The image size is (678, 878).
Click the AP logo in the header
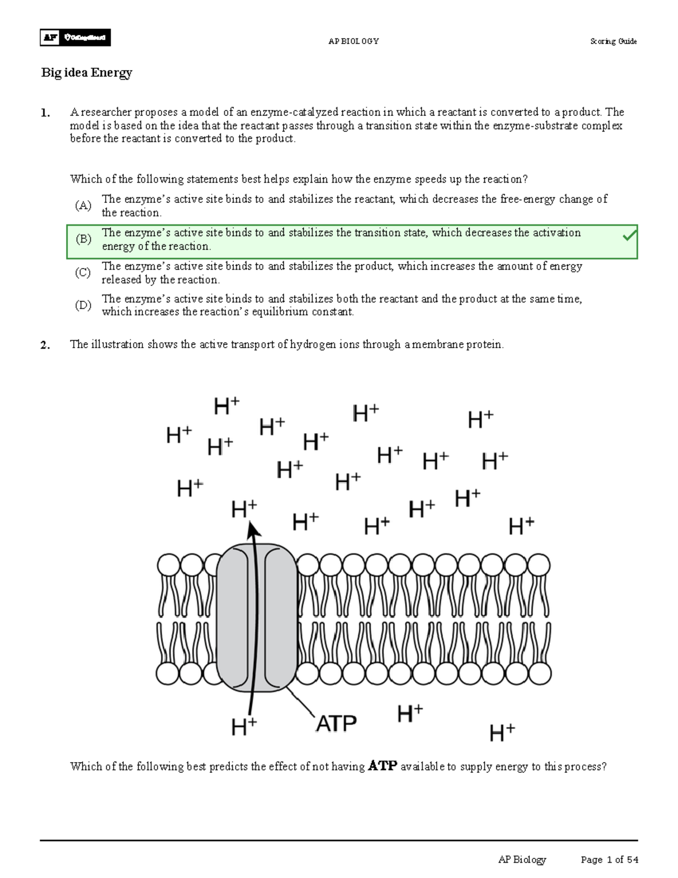50,38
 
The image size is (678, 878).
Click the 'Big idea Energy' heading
86,72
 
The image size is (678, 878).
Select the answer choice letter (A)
83,205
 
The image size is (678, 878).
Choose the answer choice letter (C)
83,273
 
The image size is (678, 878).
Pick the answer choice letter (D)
83,305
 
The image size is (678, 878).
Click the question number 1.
45,113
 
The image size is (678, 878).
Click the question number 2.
45,345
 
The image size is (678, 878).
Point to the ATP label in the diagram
336,724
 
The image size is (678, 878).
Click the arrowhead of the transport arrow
253,530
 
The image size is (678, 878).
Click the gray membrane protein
257,617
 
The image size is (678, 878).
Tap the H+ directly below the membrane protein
244,726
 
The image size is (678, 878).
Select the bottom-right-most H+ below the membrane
502,733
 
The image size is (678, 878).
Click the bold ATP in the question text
383,767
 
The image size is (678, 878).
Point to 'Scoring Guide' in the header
613,41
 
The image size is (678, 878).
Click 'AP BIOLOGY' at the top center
354,41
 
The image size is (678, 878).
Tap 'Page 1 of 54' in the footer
609,860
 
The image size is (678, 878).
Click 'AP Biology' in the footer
522,860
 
